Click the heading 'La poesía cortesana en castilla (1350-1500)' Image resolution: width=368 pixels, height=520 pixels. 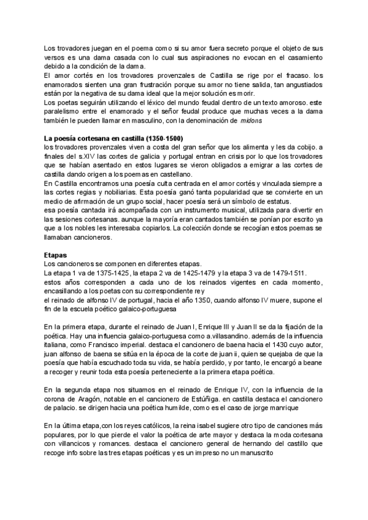pos(113,138)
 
